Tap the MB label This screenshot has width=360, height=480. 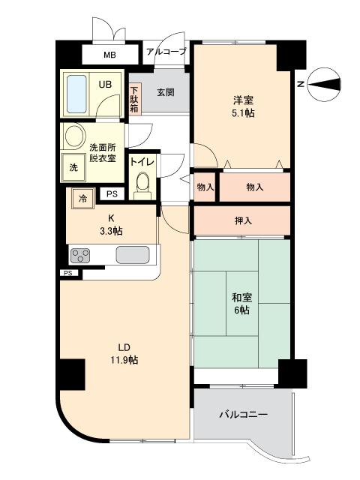(x=109, y=55)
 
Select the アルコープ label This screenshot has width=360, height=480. (x=166, y=51)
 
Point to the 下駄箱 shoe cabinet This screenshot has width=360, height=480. (x=134, y=97)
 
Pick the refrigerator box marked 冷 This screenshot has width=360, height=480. (x=82, y=199)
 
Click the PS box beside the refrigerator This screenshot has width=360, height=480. (x=112, y=194)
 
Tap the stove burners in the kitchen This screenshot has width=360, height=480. (x=80, y=256)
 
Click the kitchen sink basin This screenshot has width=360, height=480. (x=133, y=255)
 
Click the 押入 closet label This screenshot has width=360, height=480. (x=243, y=220)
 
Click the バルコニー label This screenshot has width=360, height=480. (x=243, y=415)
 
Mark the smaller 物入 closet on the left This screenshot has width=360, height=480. (x=205, y=187)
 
